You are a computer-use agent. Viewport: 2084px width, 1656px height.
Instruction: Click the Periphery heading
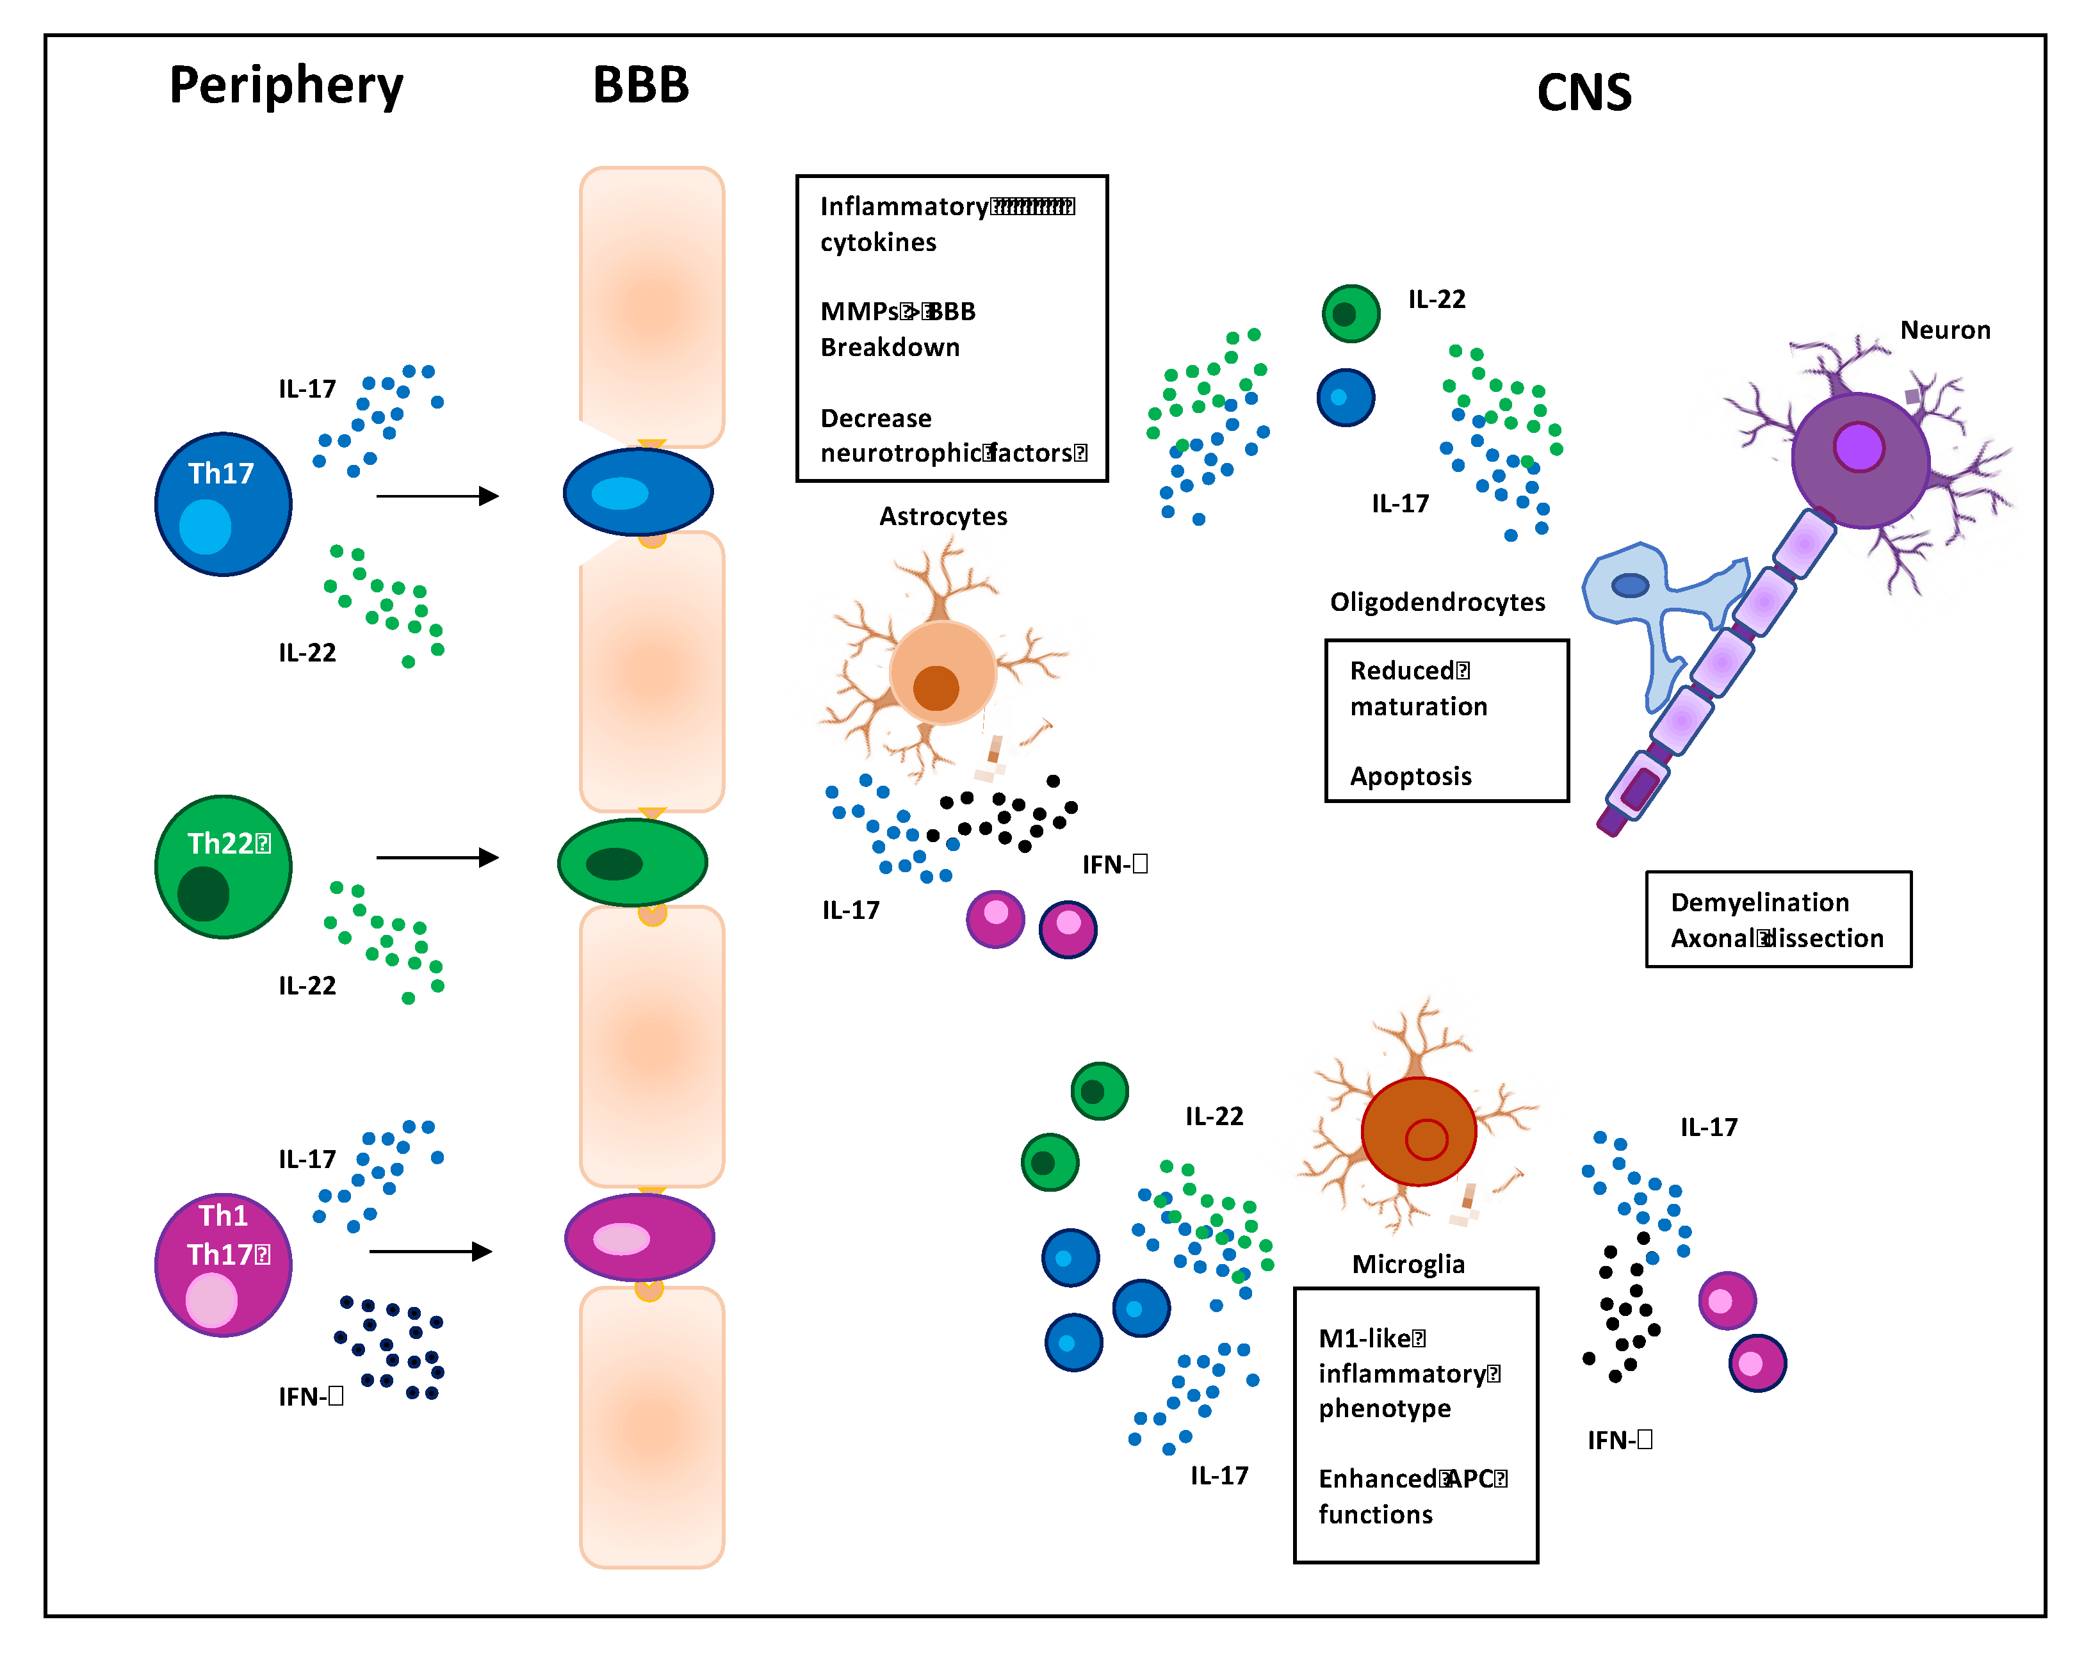click(286, 86)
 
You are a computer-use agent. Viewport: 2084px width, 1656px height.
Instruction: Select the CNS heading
click(1583, 93)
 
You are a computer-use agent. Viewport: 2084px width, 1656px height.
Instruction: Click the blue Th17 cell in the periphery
click(224, 504)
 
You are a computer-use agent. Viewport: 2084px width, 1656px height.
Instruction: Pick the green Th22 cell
click(224, 866)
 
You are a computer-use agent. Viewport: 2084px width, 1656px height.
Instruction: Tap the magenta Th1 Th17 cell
click(224, 1265)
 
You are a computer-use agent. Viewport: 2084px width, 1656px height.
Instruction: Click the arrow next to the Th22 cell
click(437, 857)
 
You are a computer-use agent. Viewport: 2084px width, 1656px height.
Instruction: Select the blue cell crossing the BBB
click(638, 492)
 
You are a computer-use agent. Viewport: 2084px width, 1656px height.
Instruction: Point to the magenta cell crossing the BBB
click(639, 1237)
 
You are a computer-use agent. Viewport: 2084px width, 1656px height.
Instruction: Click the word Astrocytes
click(943, 516)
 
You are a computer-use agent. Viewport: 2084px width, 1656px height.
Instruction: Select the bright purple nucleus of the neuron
click(1858, 448)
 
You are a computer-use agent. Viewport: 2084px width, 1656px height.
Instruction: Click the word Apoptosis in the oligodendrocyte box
click(1410, 776)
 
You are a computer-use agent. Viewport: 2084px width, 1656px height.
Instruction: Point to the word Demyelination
click(1759, 902)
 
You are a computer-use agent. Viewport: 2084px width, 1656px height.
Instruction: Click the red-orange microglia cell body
click(1417, 1131)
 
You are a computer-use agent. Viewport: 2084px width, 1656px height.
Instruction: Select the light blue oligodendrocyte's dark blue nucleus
click(1630, 585)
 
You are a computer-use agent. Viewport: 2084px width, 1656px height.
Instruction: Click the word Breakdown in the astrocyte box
click(890, 347)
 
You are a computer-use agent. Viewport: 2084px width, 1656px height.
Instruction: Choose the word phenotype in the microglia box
click(1384, 1409)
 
